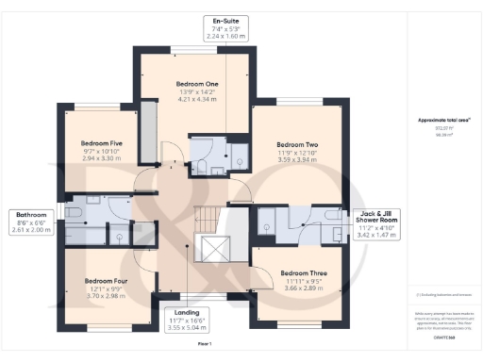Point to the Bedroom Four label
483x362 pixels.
[x=105, y=280]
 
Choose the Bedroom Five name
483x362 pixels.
[x=100, y=143]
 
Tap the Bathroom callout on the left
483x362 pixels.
[x=30, y=222]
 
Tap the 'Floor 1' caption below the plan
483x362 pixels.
[x=203, y=344]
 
